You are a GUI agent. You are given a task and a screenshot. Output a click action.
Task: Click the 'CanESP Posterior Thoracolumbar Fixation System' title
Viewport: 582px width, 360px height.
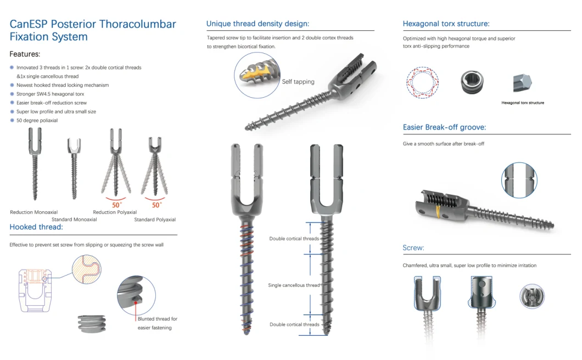pyautogui.click(x=92, y=30)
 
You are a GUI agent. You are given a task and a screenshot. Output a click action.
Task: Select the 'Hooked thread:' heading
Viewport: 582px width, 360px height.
pyautogui.click(x=36, y=227)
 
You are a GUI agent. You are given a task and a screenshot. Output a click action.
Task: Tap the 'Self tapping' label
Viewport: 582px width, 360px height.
pyautogui.click(x=298, y=82)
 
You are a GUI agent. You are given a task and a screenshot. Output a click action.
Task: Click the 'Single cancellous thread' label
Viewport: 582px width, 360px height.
pyautogui.click(x=294, y=285)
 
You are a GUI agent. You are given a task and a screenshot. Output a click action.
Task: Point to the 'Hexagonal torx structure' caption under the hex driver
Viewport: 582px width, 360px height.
pyautogui.click(x=523, y=103)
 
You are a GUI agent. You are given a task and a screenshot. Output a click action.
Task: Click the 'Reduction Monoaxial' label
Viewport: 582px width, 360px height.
pyautogui.click(x=34, y=212)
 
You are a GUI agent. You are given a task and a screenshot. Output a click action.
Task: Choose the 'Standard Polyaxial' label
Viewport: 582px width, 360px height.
pyautogui.click(x=155, y=220)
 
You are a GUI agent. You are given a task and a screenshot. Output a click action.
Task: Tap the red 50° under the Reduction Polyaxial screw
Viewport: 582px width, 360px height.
pyautogui.click(x=116, y=205)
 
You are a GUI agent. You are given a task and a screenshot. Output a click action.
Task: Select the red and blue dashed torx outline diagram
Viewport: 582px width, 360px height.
pyautogui.click(x=422, y=82)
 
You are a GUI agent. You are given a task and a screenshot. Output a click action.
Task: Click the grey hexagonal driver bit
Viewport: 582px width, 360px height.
pyautogui.click(x=522, y=82)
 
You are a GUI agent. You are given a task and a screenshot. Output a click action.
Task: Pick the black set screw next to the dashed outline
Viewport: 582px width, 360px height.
pyautogui.click(x=472, y=82)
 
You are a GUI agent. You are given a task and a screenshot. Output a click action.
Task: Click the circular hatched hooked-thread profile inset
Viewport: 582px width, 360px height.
pyautogui.click(x=87, y=269)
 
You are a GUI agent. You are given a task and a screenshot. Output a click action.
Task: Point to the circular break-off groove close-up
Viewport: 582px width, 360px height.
pyautogui.click(x=519, y=180)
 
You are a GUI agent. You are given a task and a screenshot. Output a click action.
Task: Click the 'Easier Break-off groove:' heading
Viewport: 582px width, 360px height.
pyautogui.click(x=444, y=127)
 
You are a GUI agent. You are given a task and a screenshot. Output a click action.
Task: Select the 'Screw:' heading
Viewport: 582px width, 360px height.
pyautogui.click(x=413, y=248)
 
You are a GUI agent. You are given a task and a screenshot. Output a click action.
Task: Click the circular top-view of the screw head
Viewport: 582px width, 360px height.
pyautogui.click(x=532, y=296)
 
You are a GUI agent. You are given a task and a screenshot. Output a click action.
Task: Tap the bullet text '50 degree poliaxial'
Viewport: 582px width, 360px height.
pyautogui.click(x=37, y=120)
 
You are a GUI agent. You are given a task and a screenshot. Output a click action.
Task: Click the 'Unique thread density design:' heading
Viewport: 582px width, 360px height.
pyautogui.click(x=258, y=24)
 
